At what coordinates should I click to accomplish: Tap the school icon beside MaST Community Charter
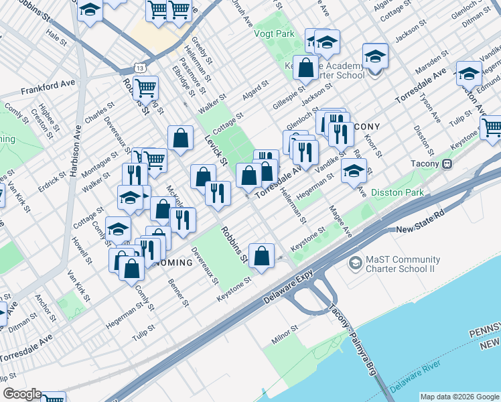coord(354,265)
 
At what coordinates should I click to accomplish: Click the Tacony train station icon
coord(447,164)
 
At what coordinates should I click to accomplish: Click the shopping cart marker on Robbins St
coord(145,87)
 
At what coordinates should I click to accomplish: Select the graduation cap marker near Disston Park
coord(354,170)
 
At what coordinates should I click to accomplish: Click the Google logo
coord(22,395)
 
